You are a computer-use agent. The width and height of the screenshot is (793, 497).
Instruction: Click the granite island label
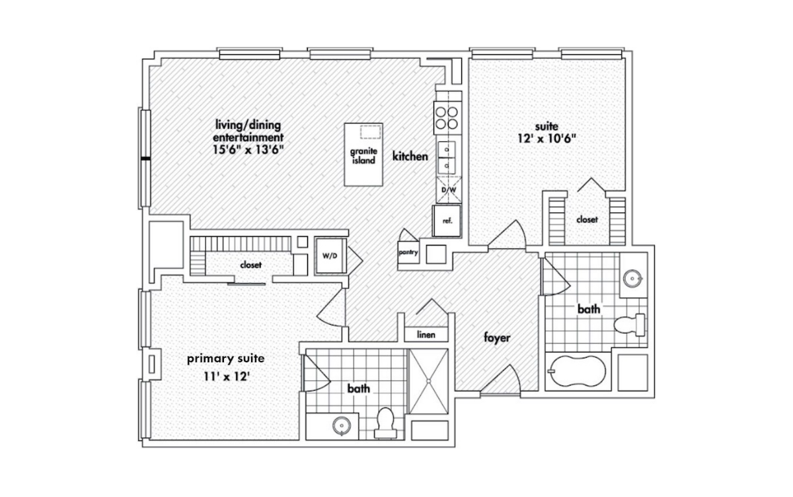pos(363,156)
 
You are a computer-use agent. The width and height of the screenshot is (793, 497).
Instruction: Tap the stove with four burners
pos(447,117)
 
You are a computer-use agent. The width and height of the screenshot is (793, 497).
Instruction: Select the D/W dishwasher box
pos(449,190)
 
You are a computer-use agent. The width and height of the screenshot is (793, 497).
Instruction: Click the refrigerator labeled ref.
pos(447,221)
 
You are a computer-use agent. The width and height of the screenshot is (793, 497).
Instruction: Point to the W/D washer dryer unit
pos(331,256)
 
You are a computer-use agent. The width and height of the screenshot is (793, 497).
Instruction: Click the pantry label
pos(408,252)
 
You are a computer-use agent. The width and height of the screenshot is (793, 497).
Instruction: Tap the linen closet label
pos(426,335)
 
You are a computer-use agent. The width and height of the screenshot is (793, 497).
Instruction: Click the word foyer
pos(497,338)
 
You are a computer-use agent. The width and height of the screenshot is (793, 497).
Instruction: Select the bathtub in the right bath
pos(578,371)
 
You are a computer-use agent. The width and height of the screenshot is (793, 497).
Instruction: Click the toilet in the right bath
pos(630,325)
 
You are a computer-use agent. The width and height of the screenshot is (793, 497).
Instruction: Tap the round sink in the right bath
pos(632,278)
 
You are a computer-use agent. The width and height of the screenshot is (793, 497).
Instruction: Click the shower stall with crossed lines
pos(428,381)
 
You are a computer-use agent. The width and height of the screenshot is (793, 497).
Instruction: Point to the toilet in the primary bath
pos(385,423)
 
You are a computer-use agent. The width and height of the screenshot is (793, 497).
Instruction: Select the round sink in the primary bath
pos(342,426)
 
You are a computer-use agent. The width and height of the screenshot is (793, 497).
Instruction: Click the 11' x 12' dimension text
pos(227,377)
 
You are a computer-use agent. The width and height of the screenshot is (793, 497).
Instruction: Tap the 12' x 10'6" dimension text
pos(547,139)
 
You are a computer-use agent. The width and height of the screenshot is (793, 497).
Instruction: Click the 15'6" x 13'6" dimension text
pos(248,150)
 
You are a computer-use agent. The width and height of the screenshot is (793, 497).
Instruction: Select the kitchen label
pos(410,156)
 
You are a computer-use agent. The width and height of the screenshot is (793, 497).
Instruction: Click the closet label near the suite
pos(587,220)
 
